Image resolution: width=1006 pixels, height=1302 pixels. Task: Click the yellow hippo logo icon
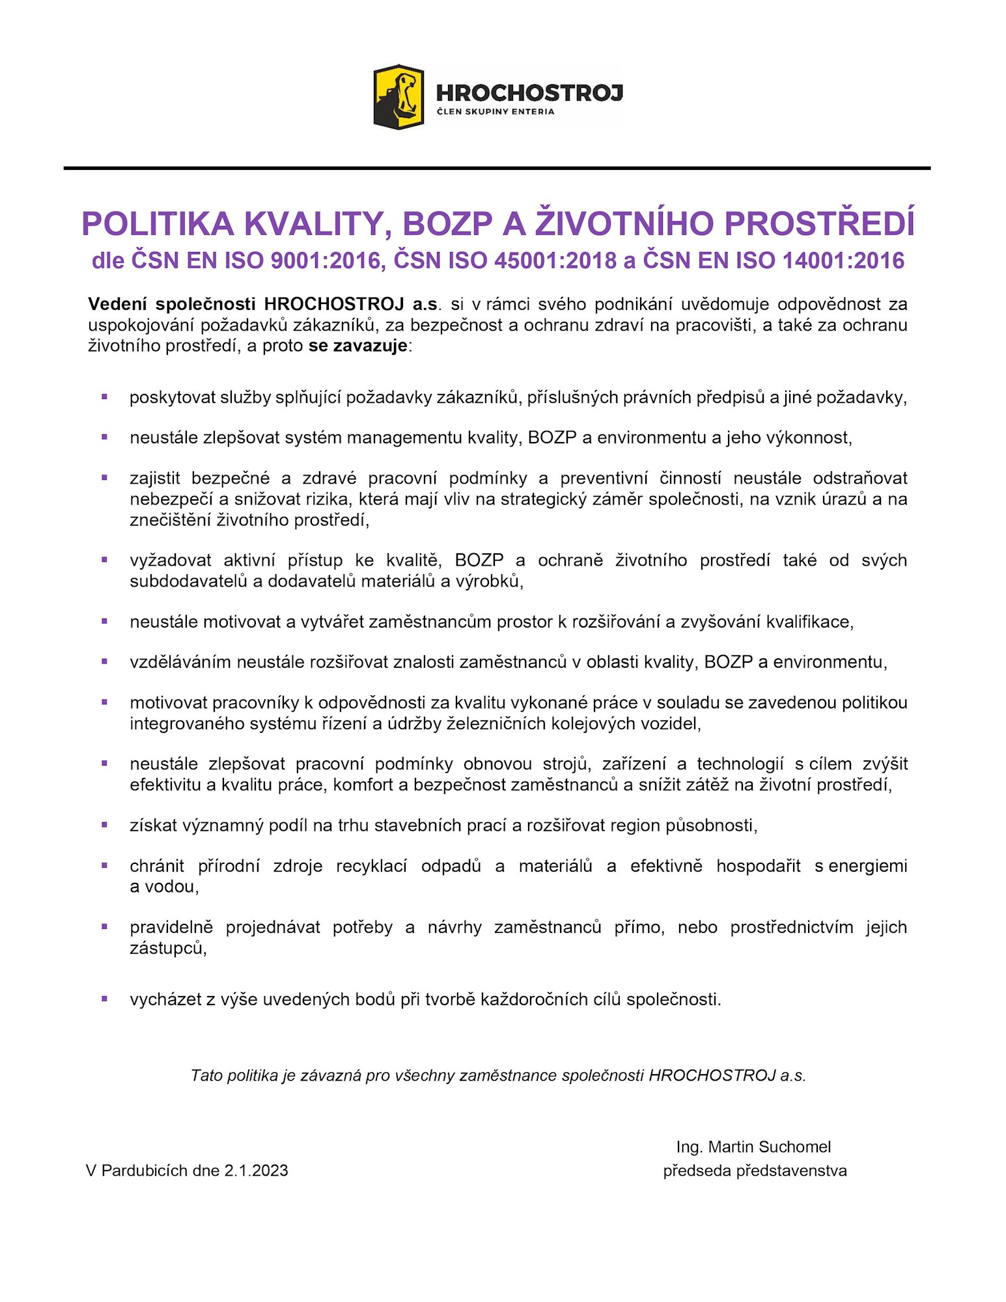(398, 96)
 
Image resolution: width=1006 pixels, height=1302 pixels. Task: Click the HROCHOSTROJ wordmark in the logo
(529, 92)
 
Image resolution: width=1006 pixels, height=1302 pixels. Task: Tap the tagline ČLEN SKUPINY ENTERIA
(496, 111)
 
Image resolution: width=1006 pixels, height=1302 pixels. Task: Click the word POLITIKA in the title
(158, 224)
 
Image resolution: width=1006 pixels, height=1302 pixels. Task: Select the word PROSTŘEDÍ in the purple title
(819, 224)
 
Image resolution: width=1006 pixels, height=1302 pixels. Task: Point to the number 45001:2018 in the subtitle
(555, 260)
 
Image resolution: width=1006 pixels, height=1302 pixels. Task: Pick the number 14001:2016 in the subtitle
(843, 260)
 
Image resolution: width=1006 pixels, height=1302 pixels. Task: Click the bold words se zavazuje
(358, 346)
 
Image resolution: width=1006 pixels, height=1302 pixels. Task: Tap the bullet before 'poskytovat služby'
(104, 396)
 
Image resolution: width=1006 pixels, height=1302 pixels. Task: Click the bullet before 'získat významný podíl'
(104, 825)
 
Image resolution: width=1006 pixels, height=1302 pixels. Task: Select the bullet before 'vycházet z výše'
(104, 998)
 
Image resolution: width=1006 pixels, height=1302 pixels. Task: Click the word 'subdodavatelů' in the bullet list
(188, 581)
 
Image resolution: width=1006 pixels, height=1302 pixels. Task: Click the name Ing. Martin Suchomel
(753, 1146)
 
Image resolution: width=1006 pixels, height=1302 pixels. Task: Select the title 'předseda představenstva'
(755, 1170)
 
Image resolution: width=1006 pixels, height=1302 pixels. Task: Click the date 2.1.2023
(256, 1170)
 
